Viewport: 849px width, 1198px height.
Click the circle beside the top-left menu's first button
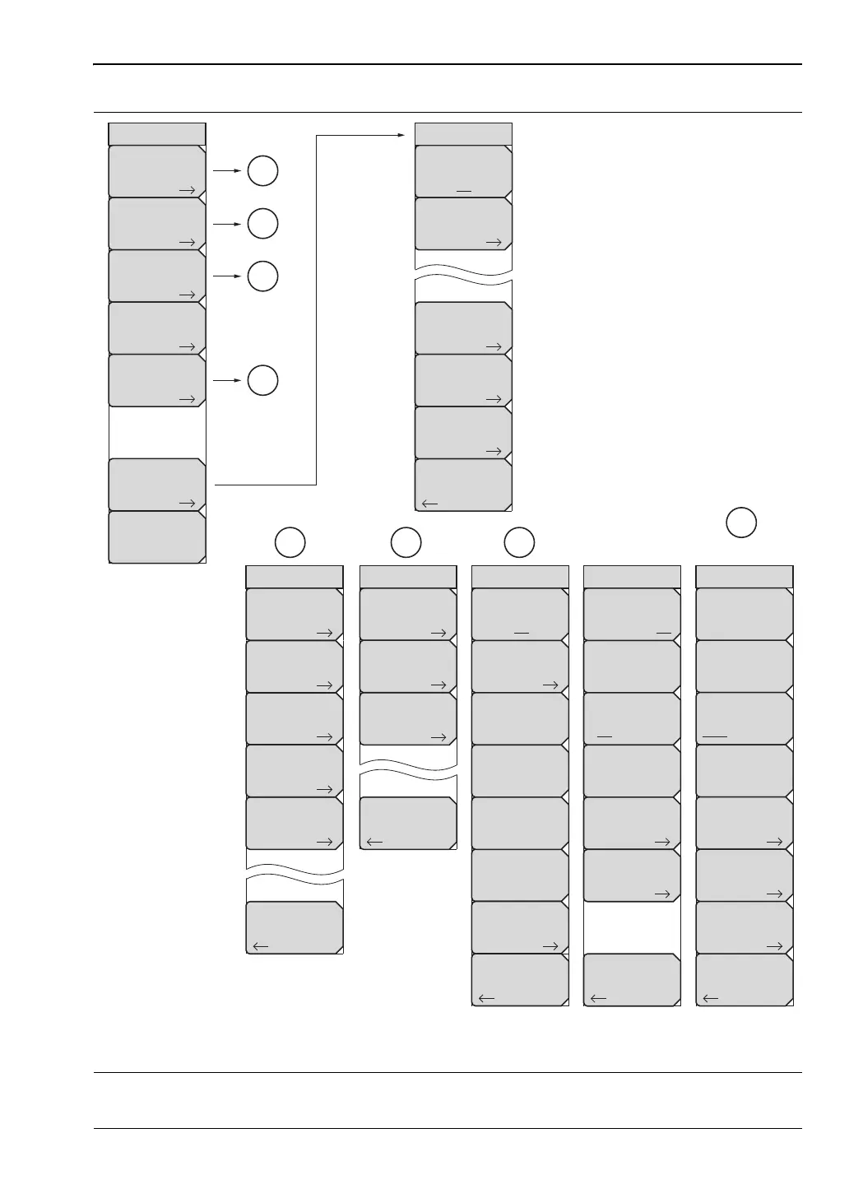262,171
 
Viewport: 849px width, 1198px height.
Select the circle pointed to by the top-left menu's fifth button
262,380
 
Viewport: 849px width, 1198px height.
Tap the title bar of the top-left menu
157,133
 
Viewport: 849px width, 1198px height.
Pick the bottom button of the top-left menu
157,537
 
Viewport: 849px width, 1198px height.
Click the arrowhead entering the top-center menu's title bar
409,134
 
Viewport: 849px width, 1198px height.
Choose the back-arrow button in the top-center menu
463,485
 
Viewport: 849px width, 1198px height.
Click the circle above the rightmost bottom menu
741,522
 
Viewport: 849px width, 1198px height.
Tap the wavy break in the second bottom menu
408,771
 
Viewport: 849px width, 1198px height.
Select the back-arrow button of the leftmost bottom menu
295,927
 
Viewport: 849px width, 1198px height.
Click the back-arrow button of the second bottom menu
408,823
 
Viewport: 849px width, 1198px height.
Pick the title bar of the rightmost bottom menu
745,576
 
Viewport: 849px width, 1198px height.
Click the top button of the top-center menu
463,171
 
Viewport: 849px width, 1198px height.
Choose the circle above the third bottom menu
519,541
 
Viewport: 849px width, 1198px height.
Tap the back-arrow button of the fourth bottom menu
632,979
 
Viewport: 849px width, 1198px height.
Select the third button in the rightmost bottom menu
745,718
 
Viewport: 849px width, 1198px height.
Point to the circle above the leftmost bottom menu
290,541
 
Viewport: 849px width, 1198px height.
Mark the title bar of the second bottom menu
408,576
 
